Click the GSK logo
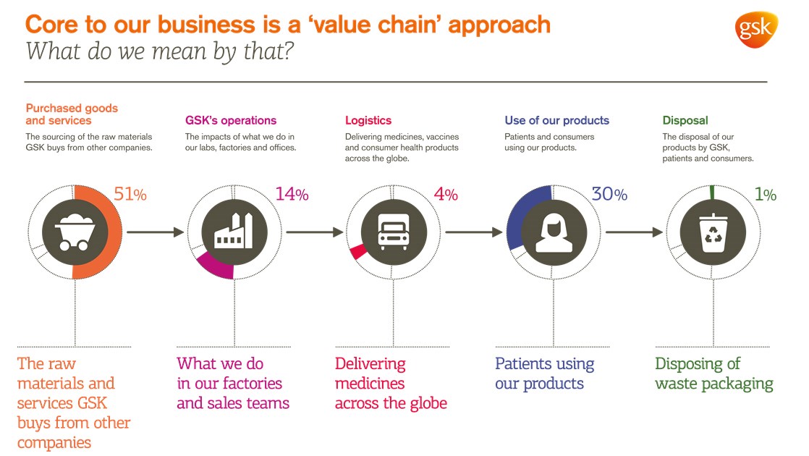(x=756, y=30)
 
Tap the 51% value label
(x=130, y=194)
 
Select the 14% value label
(x=292, y=194)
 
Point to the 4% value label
(x=446, y=194)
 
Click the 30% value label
(x=609, y=194)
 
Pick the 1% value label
(x=765, y=194)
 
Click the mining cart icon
(x=75, y=232)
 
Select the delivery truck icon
(x=394, y=232)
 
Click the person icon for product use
(x=554, y=233)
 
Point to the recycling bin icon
(x=713, y=232)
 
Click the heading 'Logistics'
(x=368, y=121)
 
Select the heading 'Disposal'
(x=685, y=121)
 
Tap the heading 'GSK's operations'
(x=231, y=121)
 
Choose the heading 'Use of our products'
(x=556, y=121)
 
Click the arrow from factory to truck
(x=315, y=232)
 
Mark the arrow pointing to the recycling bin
(x=634, y=232)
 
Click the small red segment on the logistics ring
(x=358, y=252)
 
